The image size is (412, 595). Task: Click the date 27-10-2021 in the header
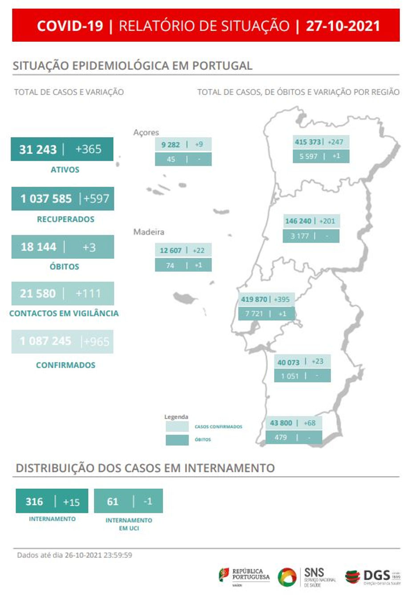pos(343,26)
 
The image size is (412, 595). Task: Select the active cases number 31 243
pos(38,149)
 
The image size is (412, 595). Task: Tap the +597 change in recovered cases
pos(96,199)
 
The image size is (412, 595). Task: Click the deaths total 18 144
pos(38,247)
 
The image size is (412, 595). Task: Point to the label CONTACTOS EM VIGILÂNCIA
pos(64,313)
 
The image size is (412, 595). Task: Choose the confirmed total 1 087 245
pos(45,341)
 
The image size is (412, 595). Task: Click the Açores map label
pos(146,132)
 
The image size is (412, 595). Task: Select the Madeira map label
pos(149,232)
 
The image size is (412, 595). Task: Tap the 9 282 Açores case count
pos(170,145)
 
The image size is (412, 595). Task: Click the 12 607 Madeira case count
pos(171,250)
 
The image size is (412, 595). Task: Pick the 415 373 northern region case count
pos(307,142)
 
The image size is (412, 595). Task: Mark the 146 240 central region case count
pos(298,221)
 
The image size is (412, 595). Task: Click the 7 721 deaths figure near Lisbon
pos(254,314)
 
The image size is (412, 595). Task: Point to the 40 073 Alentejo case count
pos(288,362)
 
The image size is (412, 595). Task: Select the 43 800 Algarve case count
pos(281,423)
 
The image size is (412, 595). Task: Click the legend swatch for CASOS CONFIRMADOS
pos(177,426)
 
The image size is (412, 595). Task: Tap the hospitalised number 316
pos(34,501)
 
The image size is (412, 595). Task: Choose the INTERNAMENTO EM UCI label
pos(129,524)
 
